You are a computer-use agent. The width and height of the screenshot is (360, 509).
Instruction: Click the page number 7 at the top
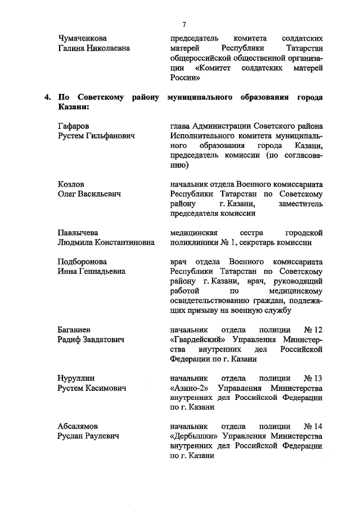(x=184, y=25)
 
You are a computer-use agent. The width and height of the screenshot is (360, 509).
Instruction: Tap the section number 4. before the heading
(x=48, y=97)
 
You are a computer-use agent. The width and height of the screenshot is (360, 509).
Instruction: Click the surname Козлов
(x=71, y=183)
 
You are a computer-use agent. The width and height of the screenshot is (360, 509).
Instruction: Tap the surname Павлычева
(x=78, y=232)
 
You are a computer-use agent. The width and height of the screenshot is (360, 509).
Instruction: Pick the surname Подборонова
(x=82, y=262)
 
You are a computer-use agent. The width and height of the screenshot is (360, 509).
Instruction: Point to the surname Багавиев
(x=75, y=330)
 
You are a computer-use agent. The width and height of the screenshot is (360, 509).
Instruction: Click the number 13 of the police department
(x=318, y=378)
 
